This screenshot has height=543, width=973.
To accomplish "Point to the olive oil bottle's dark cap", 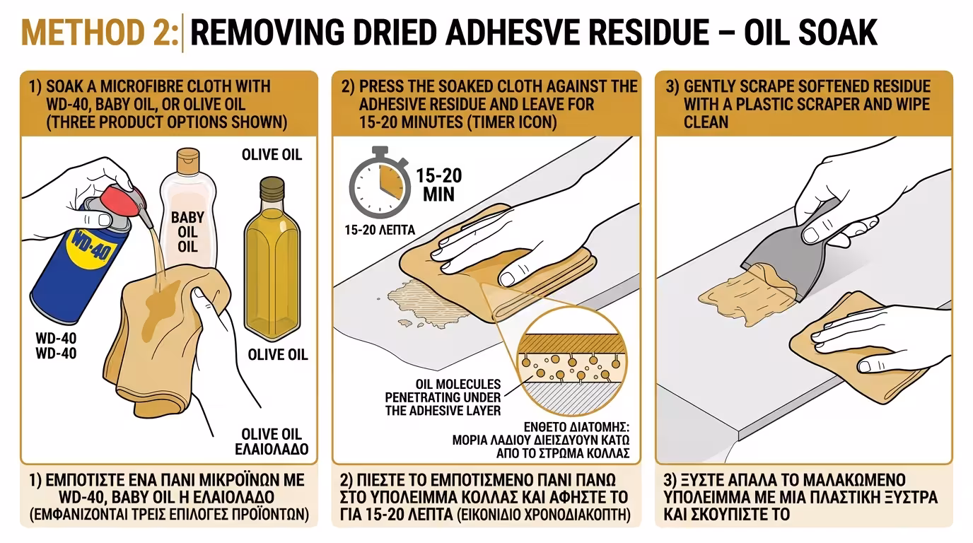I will point(272,189).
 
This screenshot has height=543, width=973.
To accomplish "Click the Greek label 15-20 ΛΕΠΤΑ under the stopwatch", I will point(379,230).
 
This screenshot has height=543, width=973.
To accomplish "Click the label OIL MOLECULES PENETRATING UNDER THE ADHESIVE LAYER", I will point(443,397).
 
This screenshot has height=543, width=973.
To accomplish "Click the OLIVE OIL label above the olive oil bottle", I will point(272,154).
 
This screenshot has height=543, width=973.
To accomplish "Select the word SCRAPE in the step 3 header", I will point(773,87).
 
